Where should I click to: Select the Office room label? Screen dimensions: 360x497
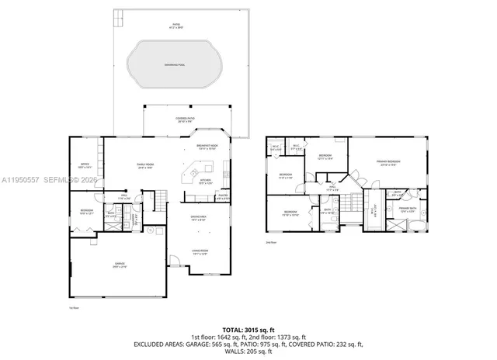tap(85, 165)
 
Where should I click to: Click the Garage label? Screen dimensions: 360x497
tap(118, 265)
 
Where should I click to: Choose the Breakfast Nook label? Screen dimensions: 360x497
tap(207, 147)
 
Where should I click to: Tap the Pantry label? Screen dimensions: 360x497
tap(223, 197)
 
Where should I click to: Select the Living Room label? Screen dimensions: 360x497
tap(199, 252)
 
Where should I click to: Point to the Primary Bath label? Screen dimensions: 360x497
tap(408, 209)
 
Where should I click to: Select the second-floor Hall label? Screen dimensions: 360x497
tap(332, 187)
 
